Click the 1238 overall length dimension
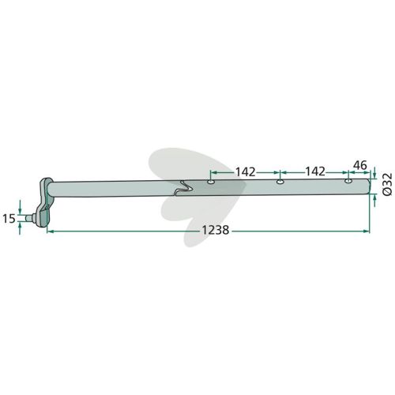tap(216, 231)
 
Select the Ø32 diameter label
tap(387, 184)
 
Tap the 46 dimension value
tap(359, 165)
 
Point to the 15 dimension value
tap(9, 218)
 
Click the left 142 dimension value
tap(246, 172)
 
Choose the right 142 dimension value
tap(315, 171)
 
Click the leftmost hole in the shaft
tap(211, 182)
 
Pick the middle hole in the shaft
tap(280, 182)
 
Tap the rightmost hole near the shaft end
tap(348, 181)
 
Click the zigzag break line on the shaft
tap(184, 188)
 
